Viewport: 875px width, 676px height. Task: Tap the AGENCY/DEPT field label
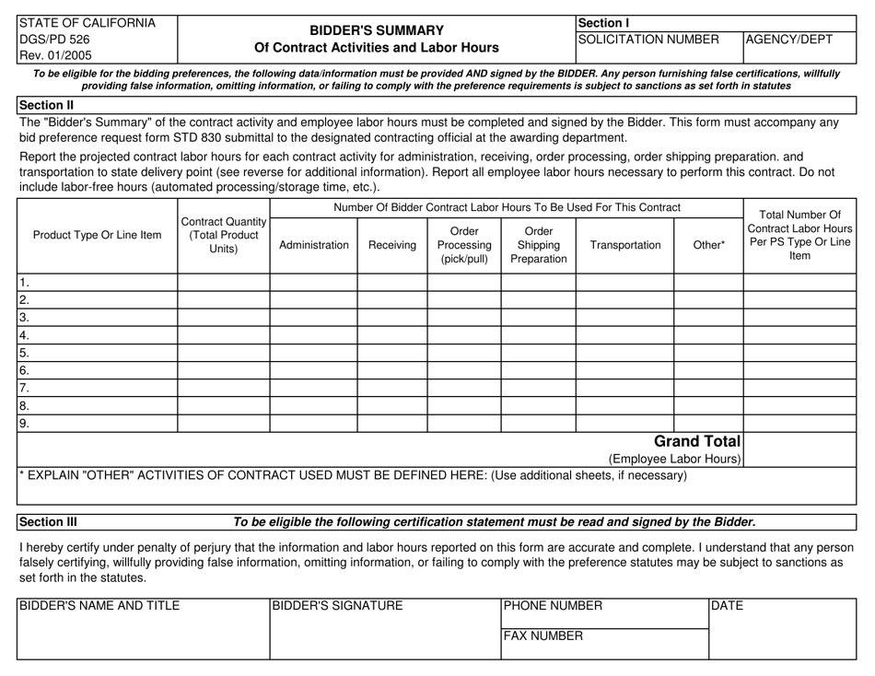tap(789, 40)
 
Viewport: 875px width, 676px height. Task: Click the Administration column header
tap(313, 246)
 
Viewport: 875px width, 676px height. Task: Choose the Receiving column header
tap(391, 246)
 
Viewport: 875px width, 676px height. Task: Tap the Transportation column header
tap(624, 246)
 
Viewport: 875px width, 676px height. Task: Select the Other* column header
tap(707, 246)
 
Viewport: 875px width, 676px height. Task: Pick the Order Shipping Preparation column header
tap(538, 246)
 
